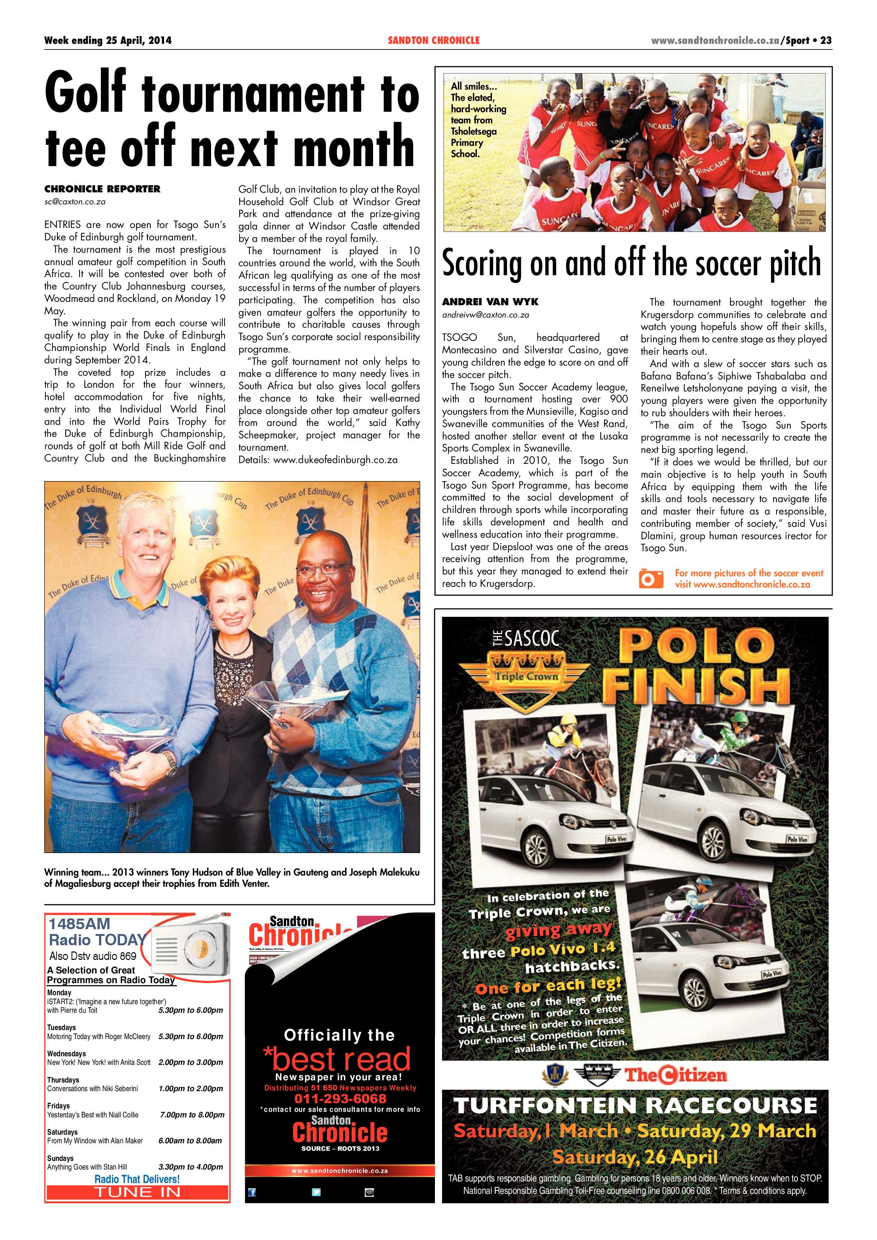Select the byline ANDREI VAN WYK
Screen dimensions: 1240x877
pyautogui.click(x=490, y=302)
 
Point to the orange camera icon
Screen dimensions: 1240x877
pyautogui.click(x=651, y=579)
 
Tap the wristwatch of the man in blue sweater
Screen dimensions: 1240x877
pyautogui.click(x=171, y=763)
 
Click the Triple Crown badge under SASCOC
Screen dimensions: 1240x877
pyautogui.click(x=526, y=675)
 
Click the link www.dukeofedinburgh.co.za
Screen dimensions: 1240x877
pyautogui.click(x=335, y=460)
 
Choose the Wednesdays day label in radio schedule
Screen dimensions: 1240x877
pyautogui.click(x=66, y=1053)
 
